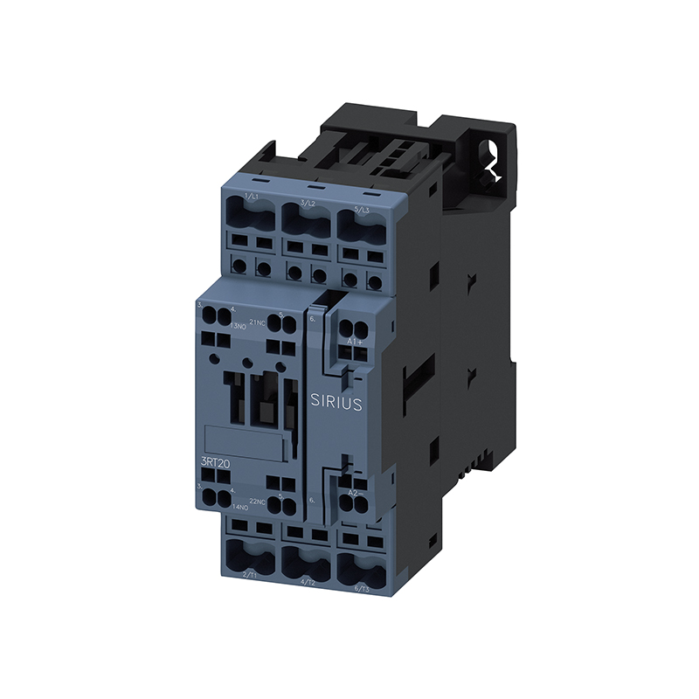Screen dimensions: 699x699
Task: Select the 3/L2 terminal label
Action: tap(308, 203)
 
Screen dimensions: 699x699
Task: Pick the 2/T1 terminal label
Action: tap(249, 574)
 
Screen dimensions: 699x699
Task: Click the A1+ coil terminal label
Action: tap(356, 341)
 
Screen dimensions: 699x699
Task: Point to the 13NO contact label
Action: tap(238, 326)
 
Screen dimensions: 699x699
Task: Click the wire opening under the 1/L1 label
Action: tap(250, 215)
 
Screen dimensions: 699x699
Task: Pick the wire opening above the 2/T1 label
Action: tap(249, 553)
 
